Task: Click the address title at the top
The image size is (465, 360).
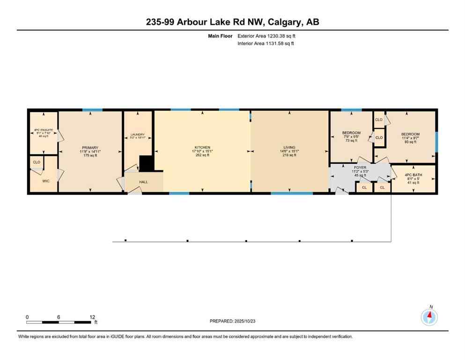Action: [232, 22]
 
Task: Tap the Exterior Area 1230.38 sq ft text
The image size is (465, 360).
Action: [266, 36]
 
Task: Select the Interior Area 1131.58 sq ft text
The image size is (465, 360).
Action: [266, 44]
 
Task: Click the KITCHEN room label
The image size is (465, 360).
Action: [202, 147]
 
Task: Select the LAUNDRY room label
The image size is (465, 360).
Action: [138, 135]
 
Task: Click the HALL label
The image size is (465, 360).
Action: [143, 182]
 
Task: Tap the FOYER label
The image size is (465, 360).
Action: [360, 167]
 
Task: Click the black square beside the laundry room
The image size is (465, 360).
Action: [147, 164]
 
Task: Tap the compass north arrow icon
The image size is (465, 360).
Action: [429, 317]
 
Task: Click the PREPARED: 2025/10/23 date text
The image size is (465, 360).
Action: [232, 321]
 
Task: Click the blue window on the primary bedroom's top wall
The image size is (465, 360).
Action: [92, 110]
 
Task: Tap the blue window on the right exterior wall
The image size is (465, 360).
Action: [436, 142]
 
